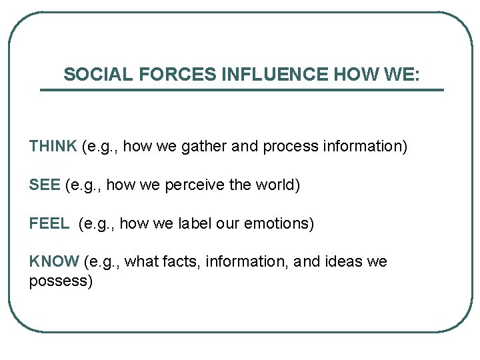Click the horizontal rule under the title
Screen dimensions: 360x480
point(241,90)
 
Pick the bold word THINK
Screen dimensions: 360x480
point(53,146)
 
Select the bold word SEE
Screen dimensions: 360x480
point(45,185)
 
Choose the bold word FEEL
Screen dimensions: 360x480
point(49,223)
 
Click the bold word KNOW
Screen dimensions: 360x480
point(54,261)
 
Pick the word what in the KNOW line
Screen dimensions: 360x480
point(141,261)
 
